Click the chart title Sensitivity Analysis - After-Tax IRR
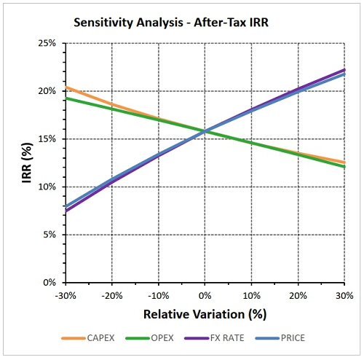[171, 23]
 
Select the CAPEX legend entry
[88, 338]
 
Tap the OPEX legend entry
[150, 338]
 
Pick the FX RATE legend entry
[214, 338]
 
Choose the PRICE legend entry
[280, 338]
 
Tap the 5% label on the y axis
[50, 235]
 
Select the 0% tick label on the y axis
[50, 283]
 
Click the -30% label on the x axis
[66, 296]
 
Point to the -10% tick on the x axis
[159, 296]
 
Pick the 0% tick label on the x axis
[205, 296]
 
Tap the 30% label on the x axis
[344, 296]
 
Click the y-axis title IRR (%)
[27, 163]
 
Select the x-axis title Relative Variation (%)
[205, 314]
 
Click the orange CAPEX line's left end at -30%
[66, 87]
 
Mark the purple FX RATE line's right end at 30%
[344, 70]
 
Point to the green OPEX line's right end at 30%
[344, 167]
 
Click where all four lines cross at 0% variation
[205, 131]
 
